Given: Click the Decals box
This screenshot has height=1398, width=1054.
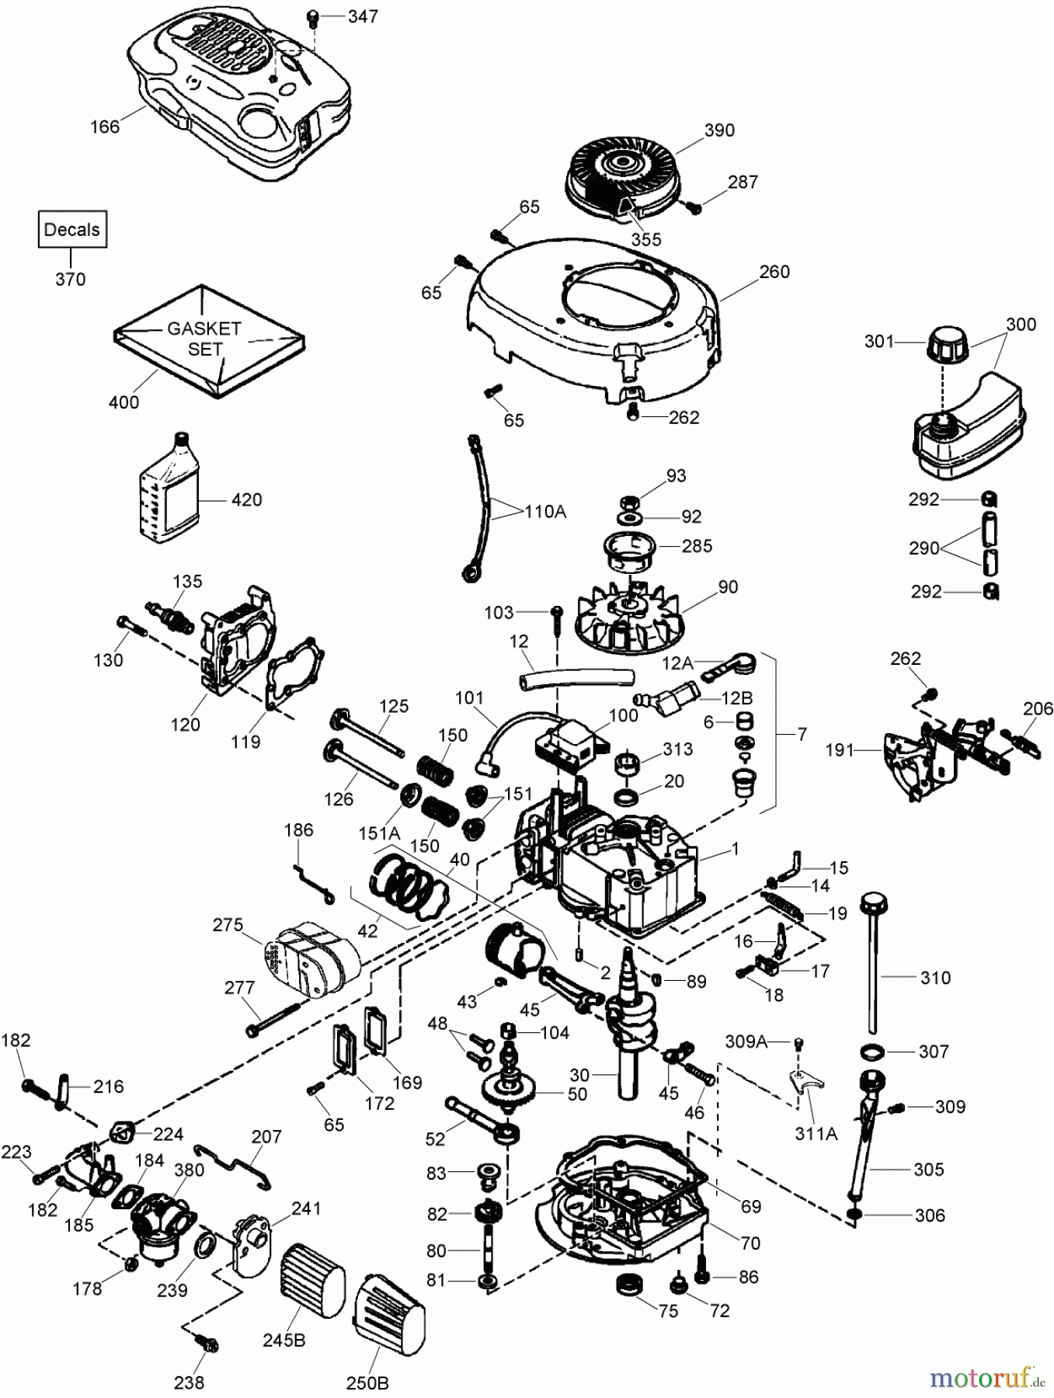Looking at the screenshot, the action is [x=71, y=229].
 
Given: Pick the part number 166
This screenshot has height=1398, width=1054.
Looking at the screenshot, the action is [x=105, y=126].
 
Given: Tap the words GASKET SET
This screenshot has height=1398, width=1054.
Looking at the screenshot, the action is [x=204, y=339].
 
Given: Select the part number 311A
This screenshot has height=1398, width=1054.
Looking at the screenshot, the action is [x=815, y=1133].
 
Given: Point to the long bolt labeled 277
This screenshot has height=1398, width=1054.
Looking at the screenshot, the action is [x=273, y=1018].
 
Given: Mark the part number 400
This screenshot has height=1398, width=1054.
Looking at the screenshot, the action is [x=123, y=402].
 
